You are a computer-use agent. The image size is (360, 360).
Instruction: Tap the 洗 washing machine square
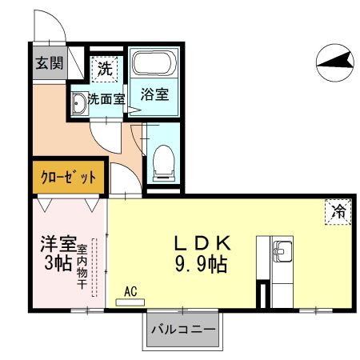(x=105, y=70)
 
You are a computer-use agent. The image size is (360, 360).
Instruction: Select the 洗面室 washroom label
(x=106, y=100)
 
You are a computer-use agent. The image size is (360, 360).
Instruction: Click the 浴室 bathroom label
(x=154, y=94)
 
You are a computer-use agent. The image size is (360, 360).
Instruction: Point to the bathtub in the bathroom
(x=154, y=64)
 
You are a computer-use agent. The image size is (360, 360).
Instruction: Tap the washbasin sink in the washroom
(x=78, y=103)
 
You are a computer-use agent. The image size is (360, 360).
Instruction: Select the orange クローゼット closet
(x=69, y=178)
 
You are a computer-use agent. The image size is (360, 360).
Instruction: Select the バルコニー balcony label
(x=182, y=329)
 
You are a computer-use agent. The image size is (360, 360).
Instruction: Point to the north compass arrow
(x=334, y=59)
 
